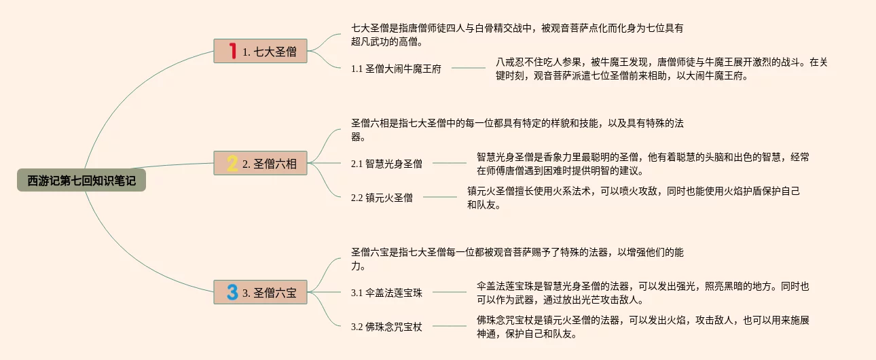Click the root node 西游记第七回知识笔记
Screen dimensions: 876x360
click(x=81, y=181)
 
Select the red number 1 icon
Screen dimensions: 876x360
click(x=232, y=51)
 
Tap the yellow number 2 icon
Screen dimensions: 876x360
click(x=232, y=163)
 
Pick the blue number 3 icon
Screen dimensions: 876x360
click(x=232, y=293)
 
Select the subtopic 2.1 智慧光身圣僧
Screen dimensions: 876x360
click(x=386, y=163)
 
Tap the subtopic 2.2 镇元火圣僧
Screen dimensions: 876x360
click(x=382, y=198)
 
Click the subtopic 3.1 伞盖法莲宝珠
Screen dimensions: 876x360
click(x=386, y=293)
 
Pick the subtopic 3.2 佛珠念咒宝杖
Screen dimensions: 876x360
click(x=386, y=327)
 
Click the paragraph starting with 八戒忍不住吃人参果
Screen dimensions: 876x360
click(x=661, y=69)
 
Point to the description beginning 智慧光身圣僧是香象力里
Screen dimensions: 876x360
click(x=642, y=164)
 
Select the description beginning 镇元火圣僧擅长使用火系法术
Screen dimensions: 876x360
click(x=633, y=198)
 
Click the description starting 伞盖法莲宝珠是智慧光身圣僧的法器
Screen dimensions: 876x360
click(x=642, y=293)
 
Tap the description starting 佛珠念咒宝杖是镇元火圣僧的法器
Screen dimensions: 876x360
click(x=642, y=327)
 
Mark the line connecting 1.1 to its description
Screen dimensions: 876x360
click(x=469, y=68)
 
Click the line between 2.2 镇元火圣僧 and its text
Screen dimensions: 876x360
click(x=440, y=198)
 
